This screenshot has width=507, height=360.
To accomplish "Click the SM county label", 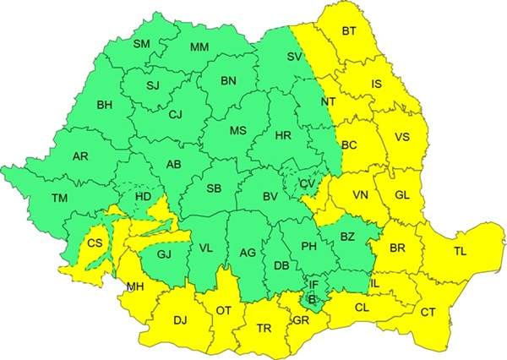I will [x=142, y=44].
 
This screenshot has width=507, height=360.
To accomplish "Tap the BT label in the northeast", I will [x=349, y=32].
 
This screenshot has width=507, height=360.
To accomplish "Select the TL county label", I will [x=459, y=252].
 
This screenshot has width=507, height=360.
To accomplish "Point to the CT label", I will [x=428, y=314].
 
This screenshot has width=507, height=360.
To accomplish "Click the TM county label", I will [x=59, y=199].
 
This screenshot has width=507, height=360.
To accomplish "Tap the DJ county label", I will [x=180, y=320].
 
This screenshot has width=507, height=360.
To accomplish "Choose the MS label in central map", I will [x=239, y=131].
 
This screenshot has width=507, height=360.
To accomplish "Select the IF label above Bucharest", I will [x=313, y=286].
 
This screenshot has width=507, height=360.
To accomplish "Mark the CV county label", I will [x=307, y=183].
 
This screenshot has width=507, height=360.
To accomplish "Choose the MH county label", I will [x=134, y=287].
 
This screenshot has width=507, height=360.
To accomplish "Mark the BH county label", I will [x=105, y=106].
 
